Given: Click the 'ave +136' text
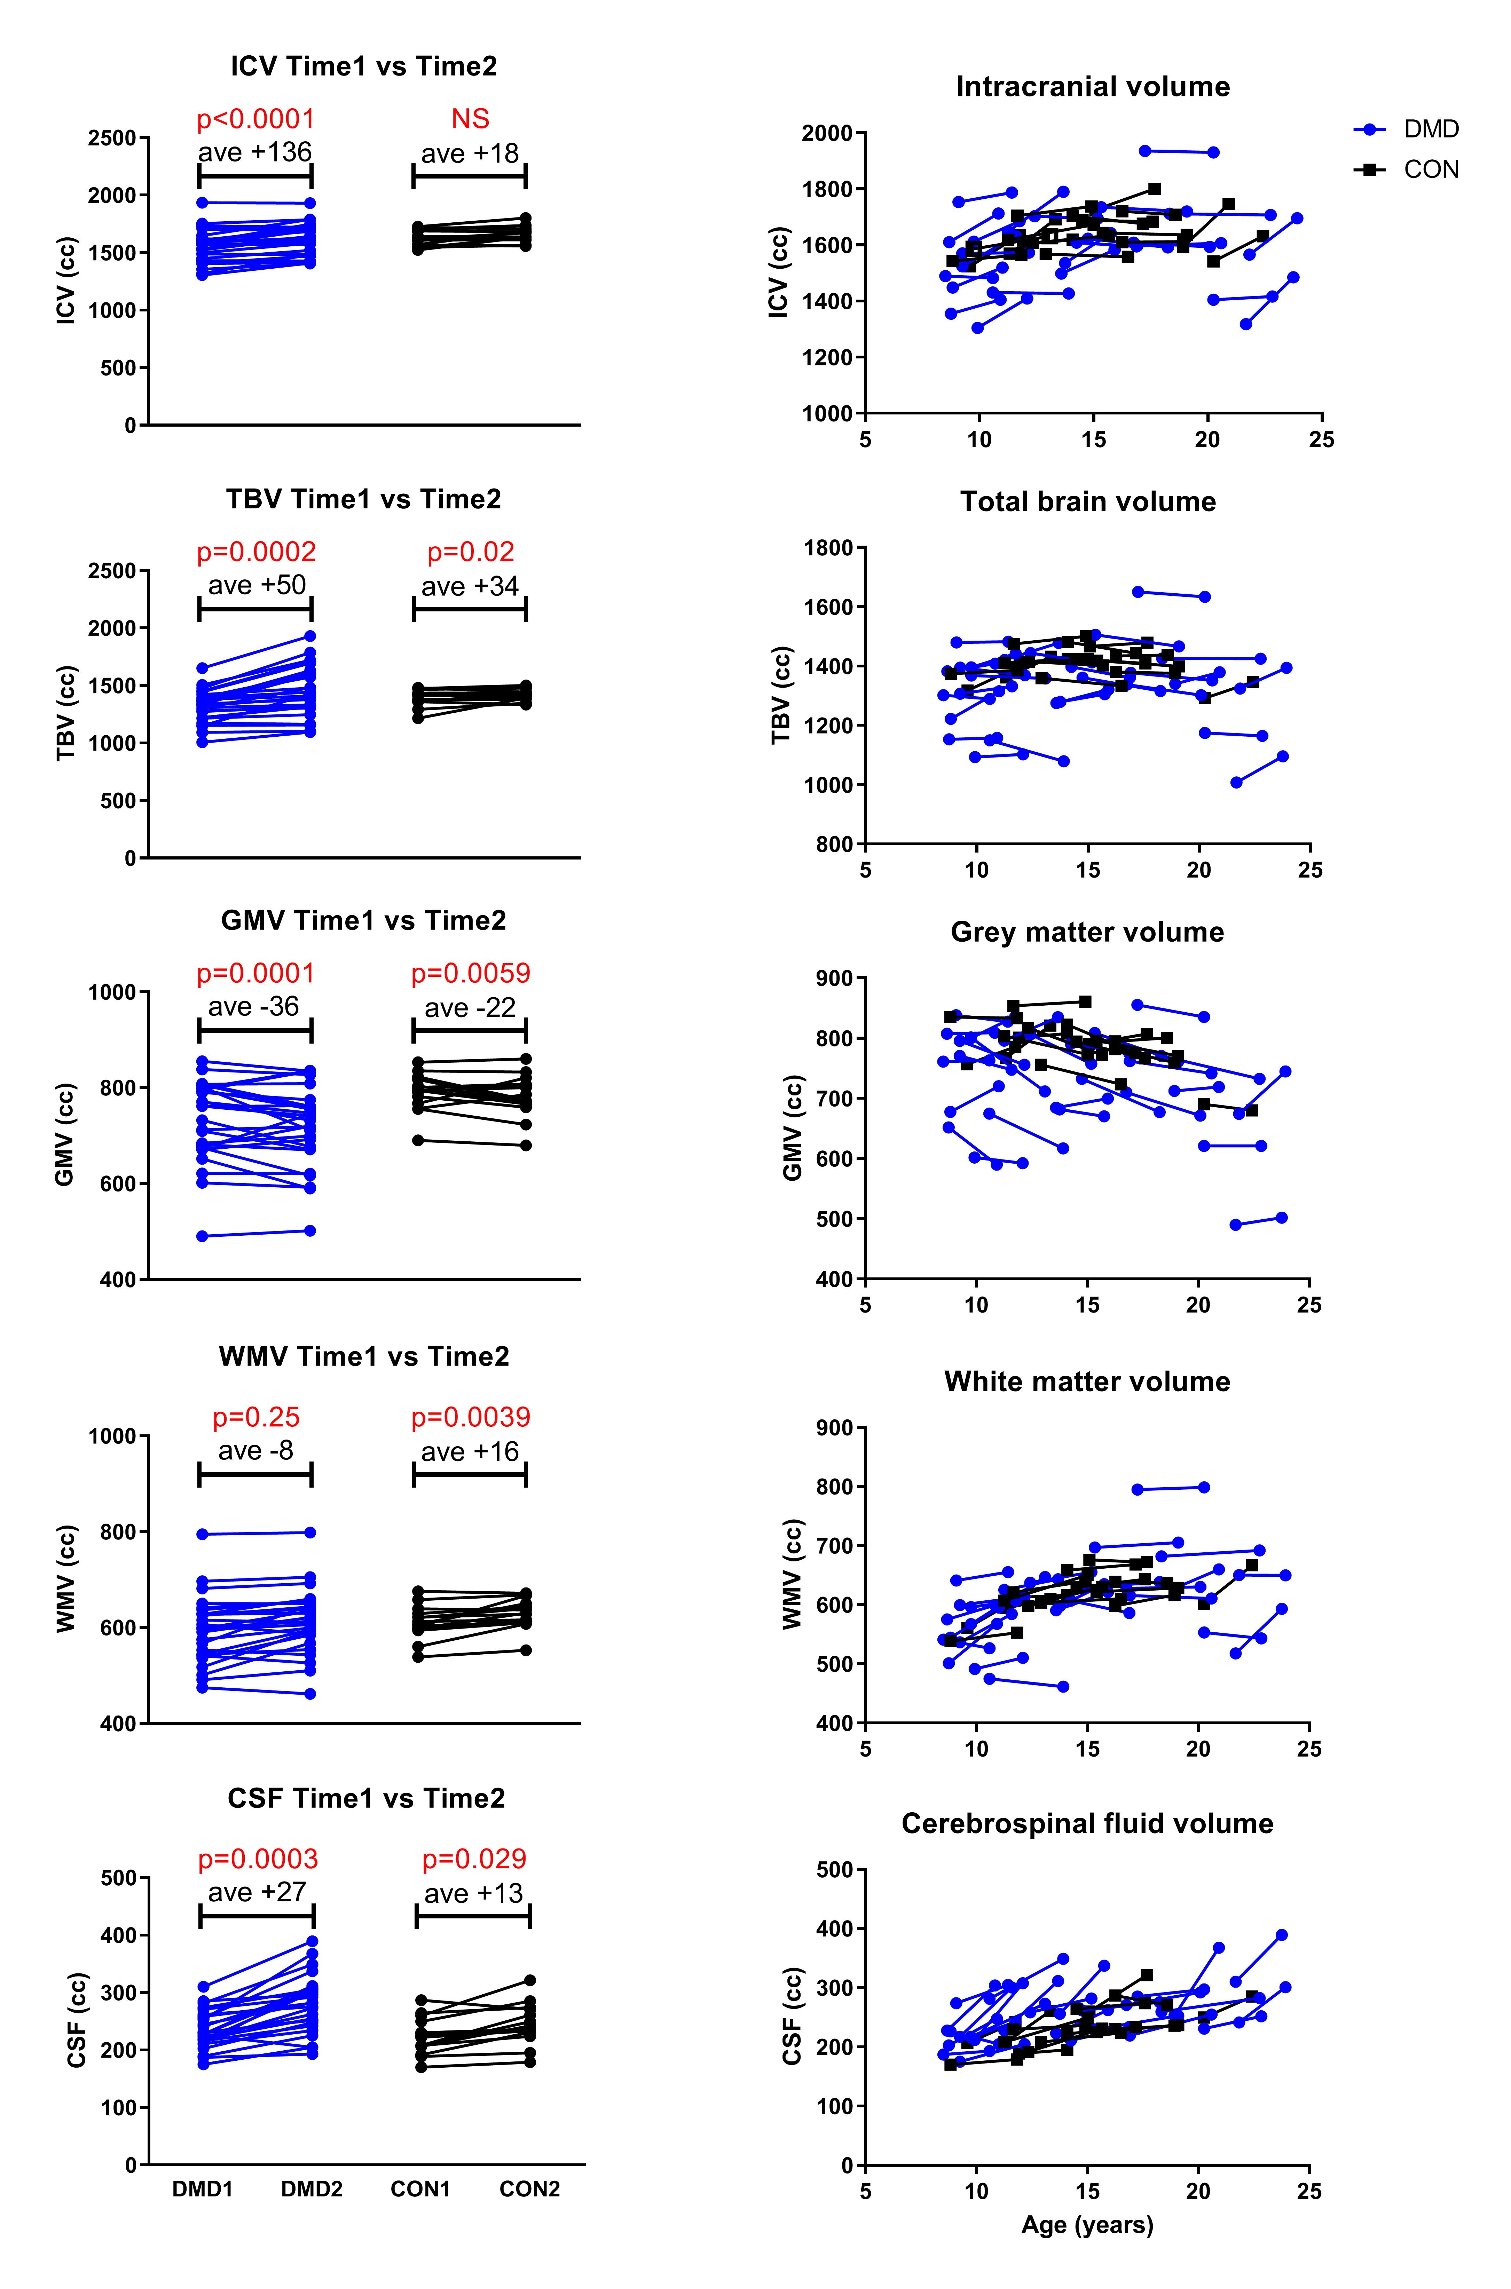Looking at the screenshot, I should pyautogui.click(x=255, y=153).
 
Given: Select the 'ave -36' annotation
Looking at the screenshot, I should pyautogui.click(x=255, y=1007).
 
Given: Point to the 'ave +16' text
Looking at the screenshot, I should pyautogui.click(x=470, y=1452).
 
